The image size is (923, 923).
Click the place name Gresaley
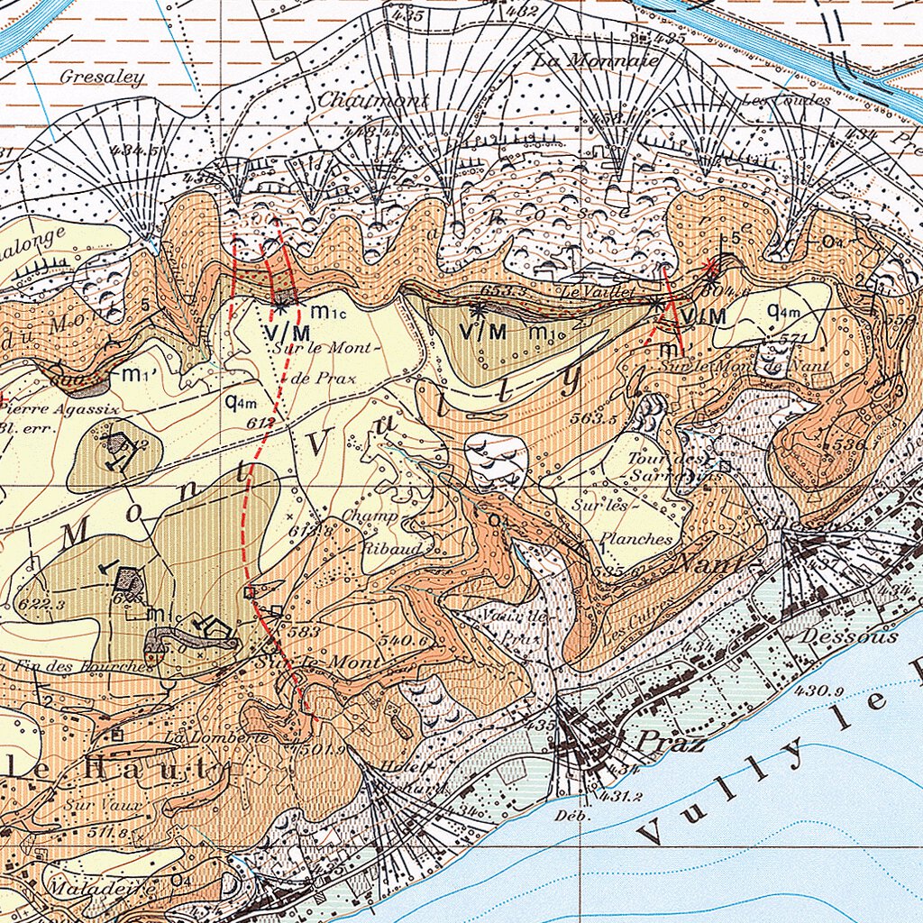pyautogui.click(x=102, y=78)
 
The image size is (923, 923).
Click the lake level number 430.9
pyautogui.click(x=819, y=691)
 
